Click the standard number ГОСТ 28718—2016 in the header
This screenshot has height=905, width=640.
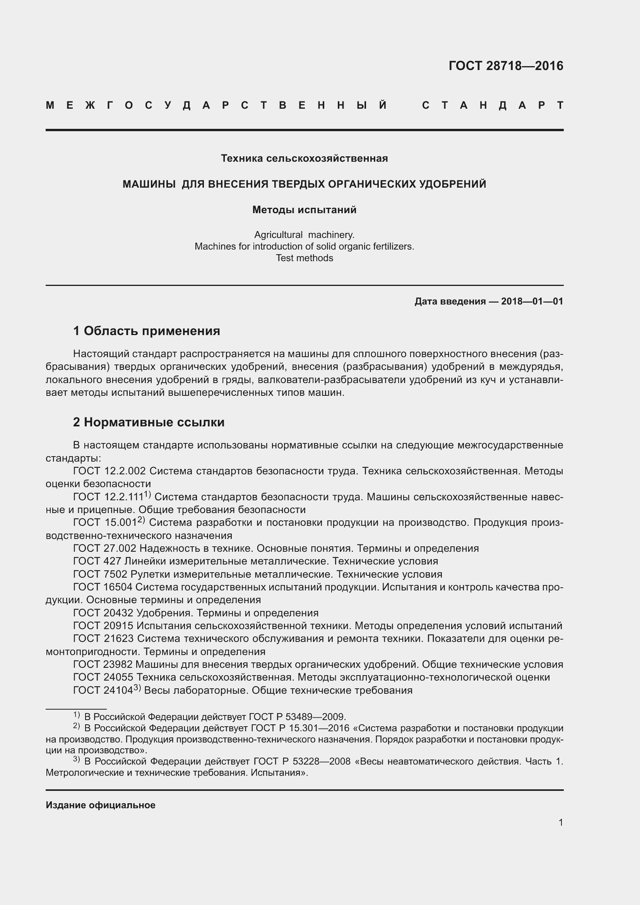pyautogui.click(x=506, y=65)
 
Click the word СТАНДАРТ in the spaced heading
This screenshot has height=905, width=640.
pyautogui.click(x=493, y=105)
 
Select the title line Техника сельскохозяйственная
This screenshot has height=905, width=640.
pyautogui.click(x=304, y=159)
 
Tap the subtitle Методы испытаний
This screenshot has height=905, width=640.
pyautogui.click(x=304, y=210)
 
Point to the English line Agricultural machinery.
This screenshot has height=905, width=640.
pyautogui.click(x=304, y=235)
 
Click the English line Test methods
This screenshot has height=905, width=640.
pyautogui.click(x=304, y=258)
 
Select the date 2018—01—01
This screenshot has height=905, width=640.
pyautogui.click(x=532, y=301)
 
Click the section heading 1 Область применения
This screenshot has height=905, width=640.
pyautogui.click(x=147, y=331)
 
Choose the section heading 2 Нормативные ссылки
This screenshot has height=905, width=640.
pyautogui.click(x=149, y=422)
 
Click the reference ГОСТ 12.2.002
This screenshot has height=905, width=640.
pyautogui.click(x=109, y=471)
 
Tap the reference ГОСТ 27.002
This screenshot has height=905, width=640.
pyautogui.click(x=104, y=548)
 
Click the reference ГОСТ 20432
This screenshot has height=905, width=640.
pyautogui.click(x=103, y=613)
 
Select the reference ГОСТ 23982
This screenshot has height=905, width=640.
pyautogui.click(x=103, y=665)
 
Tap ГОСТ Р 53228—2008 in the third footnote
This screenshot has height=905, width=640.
pyautogui.click(x=302, y=761)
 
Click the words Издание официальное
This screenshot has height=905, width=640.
pyautogui.click(x=101, y=805)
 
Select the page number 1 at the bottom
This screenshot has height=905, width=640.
pyautogui.click(x=561, y=823)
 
